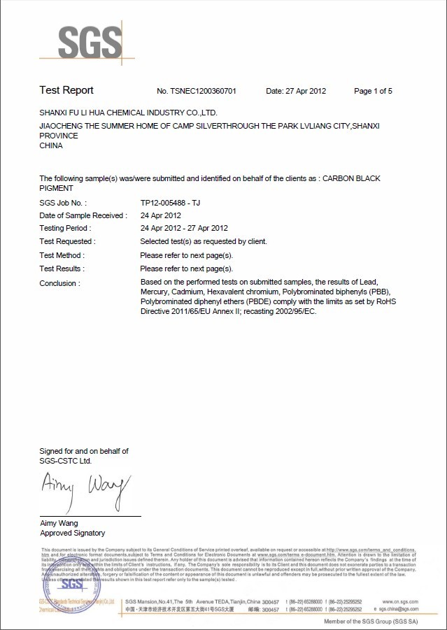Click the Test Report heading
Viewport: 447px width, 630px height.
point(66,90)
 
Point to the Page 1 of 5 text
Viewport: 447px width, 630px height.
point(373,91)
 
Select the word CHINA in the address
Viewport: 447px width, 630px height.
point(51,145)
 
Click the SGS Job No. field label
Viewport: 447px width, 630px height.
point(63,202)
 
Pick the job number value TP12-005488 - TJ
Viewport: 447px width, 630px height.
point(171,202)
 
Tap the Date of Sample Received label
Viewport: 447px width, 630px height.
point(82,215)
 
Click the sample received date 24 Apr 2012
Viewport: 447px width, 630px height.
point(161,215)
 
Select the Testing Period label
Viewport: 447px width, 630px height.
point(66,228)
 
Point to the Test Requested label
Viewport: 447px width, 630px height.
point(67,241)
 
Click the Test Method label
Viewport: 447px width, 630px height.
point(62,255)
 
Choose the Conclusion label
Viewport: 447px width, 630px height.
point(59,282)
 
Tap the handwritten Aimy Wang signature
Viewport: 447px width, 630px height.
point(84,485)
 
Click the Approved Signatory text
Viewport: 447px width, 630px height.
point(72,533)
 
